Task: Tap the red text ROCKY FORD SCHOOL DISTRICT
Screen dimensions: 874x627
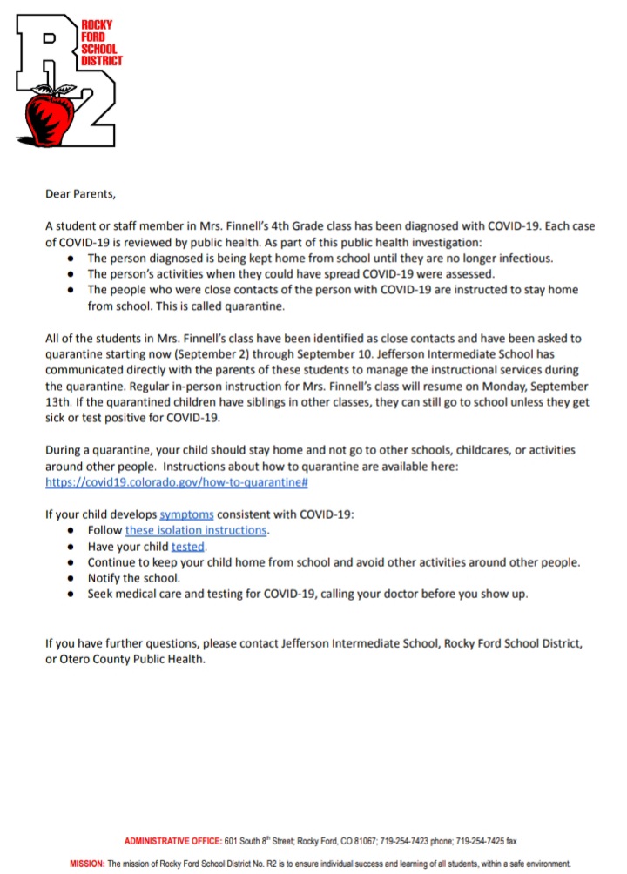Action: (103, 43)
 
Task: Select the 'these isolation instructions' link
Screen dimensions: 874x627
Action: (196, 530)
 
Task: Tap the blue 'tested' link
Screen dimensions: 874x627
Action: (188, 547)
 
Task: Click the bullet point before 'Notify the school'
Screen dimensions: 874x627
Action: (71, 578)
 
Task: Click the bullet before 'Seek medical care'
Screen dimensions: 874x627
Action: (71, 594)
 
